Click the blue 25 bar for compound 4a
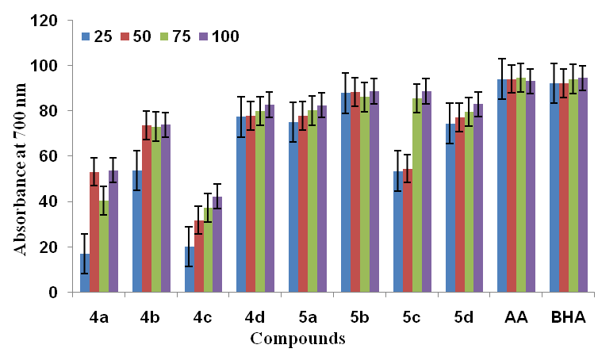point(85,274)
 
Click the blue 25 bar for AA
point(502,186)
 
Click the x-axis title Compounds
point(297,339)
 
